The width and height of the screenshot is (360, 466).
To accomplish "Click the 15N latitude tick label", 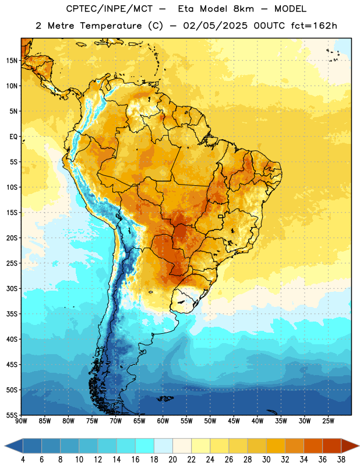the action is pos(12,61).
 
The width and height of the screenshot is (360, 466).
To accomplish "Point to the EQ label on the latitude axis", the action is pos(13,137).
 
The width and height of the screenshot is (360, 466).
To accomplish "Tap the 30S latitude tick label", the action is pos(12,288).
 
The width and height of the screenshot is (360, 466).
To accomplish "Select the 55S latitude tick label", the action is pos(12,415).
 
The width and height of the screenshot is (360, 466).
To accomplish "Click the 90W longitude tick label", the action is pos(21,421).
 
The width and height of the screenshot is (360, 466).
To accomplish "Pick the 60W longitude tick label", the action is pos(163,421).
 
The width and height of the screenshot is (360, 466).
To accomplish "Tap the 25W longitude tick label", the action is pos(328,421).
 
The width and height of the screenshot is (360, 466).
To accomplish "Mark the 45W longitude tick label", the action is pos(234,421).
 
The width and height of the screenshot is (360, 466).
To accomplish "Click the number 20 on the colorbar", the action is pos(172,460).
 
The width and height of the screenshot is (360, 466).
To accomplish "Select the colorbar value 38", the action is pos(341,460).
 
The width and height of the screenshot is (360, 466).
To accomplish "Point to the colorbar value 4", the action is pos(23,460).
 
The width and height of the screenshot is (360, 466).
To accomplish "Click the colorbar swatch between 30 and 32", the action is pos(276,446).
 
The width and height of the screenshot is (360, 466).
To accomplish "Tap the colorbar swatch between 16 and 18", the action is pos(145,446).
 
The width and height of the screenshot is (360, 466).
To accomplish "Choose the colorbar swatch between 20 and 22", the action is pos(182,446).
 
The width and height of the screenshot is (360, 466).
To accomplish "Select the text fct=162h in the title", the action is pos(314,26).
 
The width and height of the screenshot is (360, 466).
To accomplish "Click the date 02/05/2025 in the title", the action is pos(215,26).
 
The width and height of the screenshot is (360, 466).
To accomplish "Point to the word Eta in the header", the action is pos(186,9).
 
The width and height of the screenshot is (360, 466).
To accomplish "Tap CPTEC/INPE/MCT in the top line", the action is pos(109,9).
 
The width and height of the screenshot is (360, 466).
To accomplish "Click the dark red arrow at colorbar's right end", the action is pos(350,446).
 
